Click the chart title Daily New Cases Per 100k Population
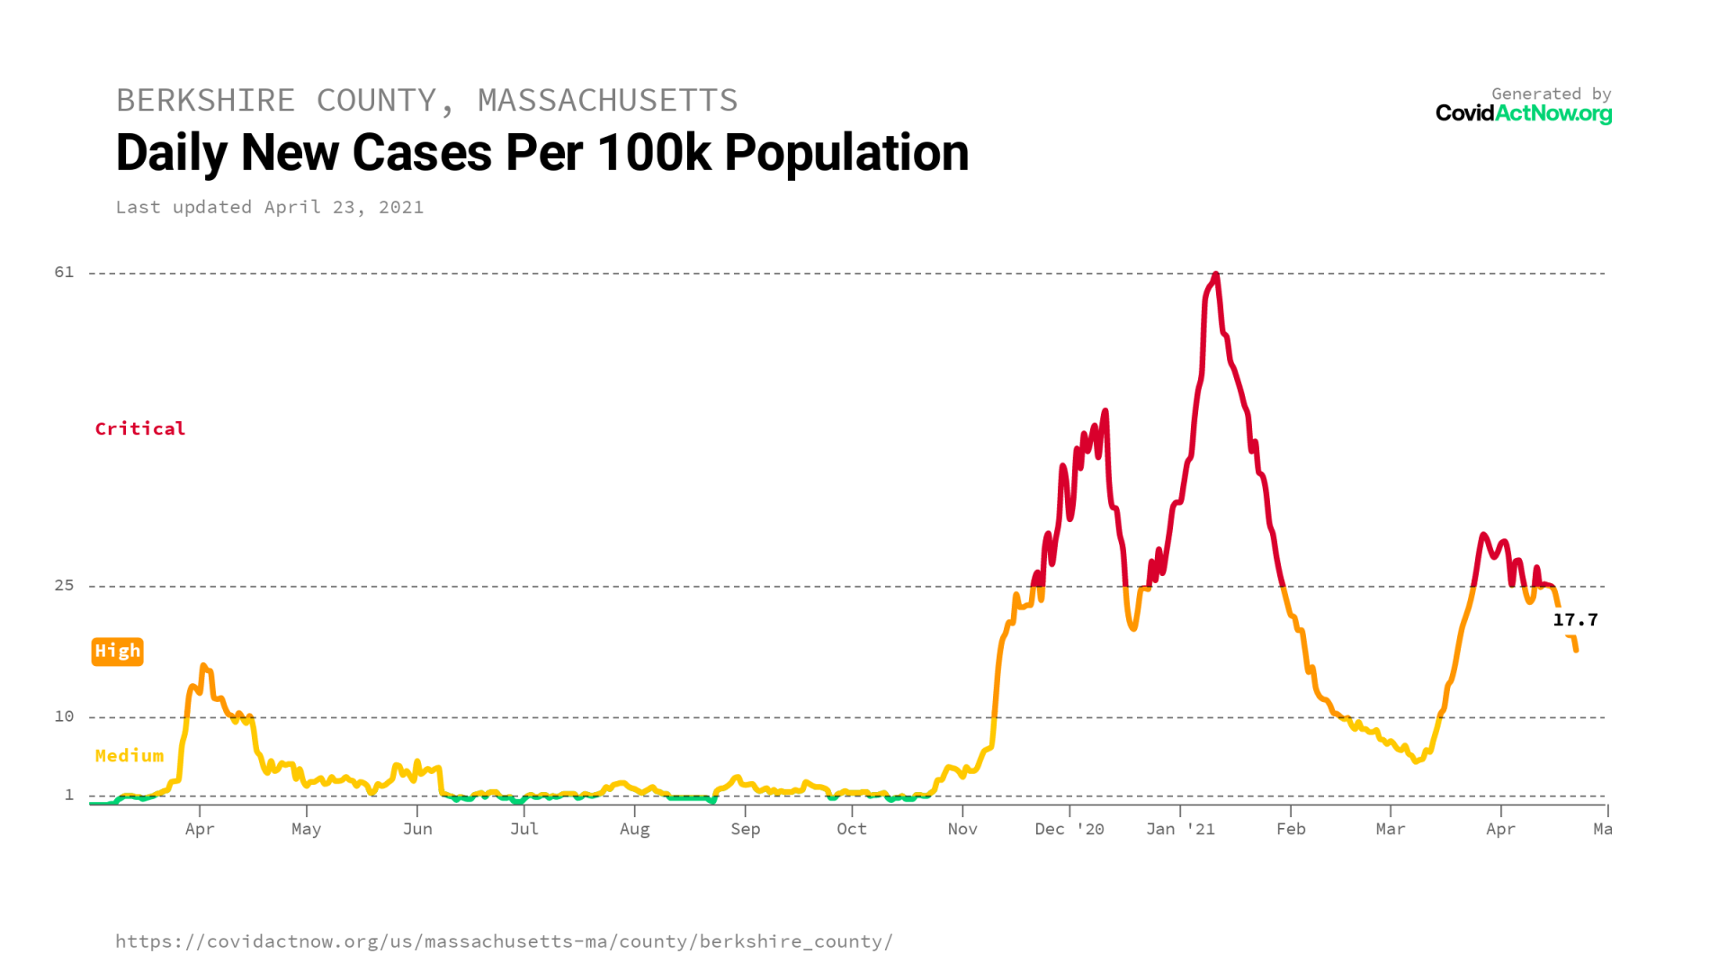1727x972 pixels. coord(541,153)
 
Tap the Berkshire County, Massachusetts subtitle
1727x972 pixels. coord(426,100)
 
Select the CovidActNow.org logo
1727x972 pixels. coord(1523,113)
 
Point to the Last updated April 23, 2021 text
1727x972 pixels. coord(269,207)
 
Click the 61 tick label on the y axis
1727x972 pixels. coord(64,272)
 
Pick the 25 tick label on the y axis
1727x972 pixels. coord(64,585)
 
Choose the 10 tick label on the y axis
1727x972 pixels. coord(64,716)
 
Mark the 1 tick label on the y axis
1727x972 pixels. coord(69,795)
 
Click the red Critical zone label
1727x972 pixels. coord(140,428)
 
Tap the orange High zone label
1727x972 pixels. coord(118,651)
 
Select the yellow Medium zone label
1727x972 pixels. coord(130,756)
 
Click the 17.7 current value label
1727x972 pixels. coord(1575,620)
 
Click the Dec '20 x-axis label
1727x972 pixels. coord(1069,829)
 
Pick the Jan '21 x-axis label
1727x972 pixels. coord(1180,829)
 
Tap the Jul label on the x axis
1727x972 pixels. coord(524,829)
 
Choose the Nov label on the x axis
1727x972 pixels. coord(962,829)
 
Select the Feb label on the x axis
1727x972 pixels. coord(1291,829)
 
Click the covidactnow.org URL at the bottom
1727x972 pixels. coord(504,941)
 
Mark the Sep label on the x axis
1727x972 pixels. coord(745,829)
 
